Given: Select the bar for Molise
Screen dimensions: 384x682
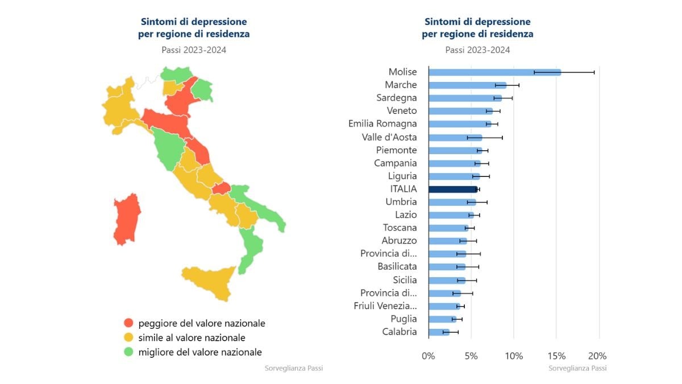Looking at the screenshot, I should coord(494,72).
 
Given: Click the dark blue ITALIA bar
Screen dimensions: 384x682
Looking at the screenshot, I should coord(453,189).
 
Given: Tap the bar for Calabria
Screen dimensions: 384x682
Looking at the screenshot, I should coord(439,332).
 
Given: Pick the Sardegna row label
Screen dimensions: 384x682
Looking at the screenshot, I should coord(397,98).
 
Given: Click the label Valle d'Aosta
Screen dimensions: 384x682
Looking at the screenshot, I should coord(389,137).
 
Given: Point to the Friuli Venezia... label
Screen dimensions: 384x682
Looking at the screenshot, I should coord(385,306).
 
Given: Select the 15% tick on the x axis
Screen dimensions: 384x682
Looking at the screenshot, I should coord(556,356).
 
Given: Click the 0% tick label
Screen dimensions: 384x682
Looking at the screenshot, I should coord(428,356).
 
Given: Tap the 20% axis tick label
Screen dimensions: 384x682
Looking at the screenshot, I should coord(598,356).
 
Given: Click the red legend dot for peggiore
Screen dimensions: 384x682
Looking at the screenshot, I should coord(128,323).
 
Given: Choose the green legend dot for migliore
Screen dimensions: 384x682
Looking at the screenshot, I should coord(128,352).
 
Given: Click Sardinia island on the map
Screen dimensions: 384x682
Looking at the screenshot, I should coord(126,219).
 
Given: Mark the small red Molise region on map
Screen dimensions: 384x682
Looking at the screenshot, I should coord(222,188).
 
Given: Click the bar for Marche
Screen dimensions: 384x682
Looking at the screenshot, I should coord(467,85).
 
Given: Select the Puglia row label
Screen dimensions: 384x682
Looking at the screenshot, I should coord(404,319).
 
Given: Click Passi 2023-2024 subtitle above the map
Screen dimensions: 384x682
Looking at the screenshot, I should coord(194,50).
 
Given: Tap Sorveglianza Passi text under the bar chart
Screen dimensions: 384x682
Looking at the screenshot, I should coord(577,369).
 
